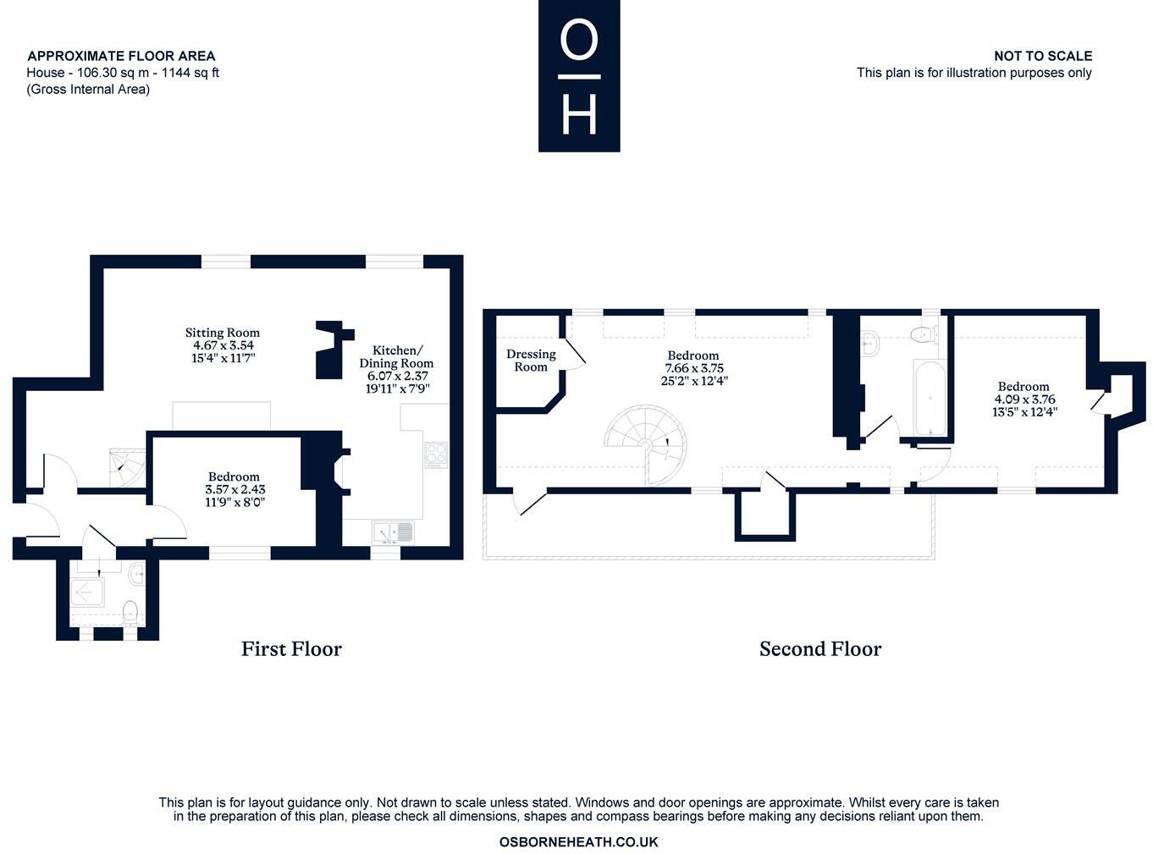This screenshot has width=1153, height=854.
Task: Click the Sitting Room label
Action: click(x=223, y=333)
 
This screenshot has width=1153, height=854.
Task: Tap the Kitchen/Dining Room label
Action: click(x=396, y=356)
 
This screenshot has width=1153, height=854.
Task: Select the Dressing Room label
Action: click(x=531, y=360)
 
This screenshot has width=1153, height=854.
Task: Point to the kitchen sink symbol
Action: click(x=394, y=532)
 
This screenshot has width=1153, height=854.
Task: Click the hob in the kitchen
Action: click(x=436, y=454)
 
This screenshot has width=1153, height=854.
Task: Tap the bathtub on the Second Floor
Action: click(x=930, y=398)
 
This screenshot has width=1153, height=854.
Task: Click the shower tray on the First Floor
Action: click(x=88, y=593)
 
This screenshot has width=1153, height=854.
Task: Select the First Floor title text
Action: click(x=291, y=649)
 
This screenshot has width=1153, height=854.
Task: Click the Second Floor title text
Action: click(x=819, y=649)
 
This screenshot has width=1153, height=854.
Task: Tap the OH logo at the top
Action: click(x=579, y=76)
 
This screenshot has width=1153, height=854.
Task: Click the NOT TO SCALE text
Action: click(x=1042, y=56)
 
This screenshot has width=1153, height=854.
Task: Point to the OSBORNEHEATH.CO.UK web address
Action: click(x=578, y=842)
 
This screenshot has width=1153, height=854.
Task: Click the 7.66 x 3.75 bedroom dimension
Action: click(x=693, y=368)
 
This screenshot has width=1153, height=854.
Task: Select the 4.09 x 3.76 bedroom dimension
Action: click(x=1024, y=399)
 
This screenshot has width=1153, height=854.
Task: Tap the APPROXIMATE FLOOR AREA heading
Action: click(x=121, y=56)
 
